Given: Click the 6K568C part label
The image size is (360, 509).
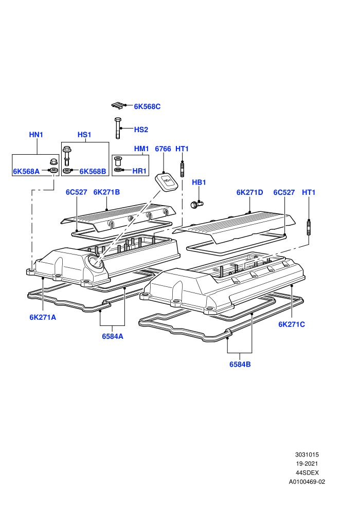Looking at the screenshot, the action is click(147, 106).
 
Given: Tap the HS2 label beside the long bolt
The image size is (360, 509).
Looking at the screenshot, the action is click(141, 130).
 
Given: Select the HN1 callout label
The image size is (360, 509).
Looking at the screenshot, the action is click(36, 134).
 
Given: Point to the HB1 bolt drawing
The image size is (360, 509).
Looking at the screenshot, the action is click(197, 205).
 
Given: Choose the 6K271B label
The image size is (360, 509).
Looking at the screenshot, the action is click(106, 192).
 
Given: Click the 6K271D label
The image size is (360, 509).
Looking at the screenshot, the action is click(249, 192).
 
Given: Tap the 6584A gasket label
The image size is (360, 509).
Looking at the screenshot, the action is click(113, 336).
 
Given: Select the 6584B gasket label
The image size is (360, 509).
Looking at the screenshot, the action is click(240, 364).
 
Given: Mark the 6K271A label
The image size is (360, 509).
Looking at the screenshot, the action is click(43, 317).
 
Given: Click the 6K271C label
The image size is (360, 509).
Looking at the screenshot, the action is click(292, 324).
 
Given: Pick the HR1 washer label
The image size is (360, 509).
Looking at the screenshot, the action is click(139, 171).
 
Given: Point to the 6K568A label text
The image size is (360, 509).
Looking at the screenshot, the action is click(26, 171).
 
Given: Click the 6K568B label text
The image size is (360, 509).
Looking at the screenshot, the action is click(93, 171).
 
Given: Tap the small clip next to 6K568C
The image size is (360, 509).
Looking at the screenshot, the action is click(118, 105).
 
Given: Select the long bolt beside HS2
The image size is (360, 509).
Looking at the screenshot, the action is click(117, 128).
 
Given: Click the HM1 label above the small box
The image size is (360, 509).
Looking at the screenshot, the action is click(141, 149).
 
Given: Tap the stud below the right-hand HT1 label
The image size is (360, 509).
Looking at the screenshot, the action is click(309, 227).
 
